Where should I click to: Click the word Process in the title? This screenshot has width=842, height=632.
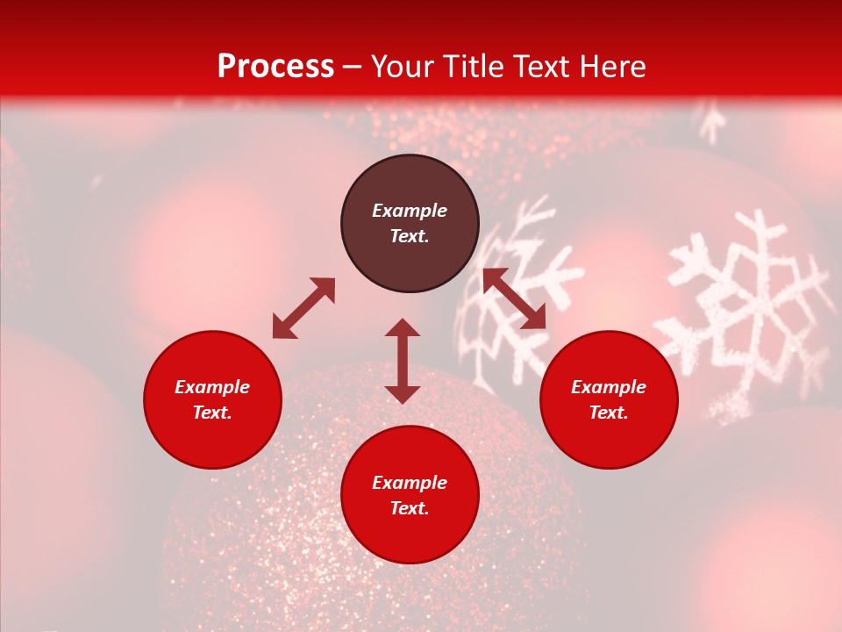click(275, 67)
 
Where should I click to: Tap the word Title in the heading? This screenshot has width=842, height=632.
click(473, 67)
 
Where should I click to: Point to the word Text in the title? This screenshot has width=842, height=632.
click(543, 67)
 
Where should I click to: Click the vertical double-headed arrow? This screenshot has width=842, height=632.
click(403, 362)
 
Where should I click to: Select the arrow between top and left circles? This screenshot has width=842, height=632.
click(303, 308)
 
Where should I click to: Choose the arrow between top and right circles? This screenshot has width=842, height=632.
click(514, 299)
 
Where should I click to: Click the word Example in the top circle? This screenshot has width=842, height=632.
click(410, 211)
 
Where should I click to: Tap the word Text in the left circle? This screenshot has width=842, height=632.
click(212, 413)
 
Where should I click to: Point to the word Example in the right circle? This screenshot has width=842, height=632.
click(609, 387)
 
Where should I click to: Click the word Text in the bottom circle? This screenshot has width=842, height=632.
click(410, 508)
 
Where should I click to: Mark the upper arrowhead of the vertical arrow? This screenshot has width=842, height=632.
click(403, 328)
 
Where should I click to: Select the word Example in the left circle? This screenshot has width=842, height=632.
click(212, 387)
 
